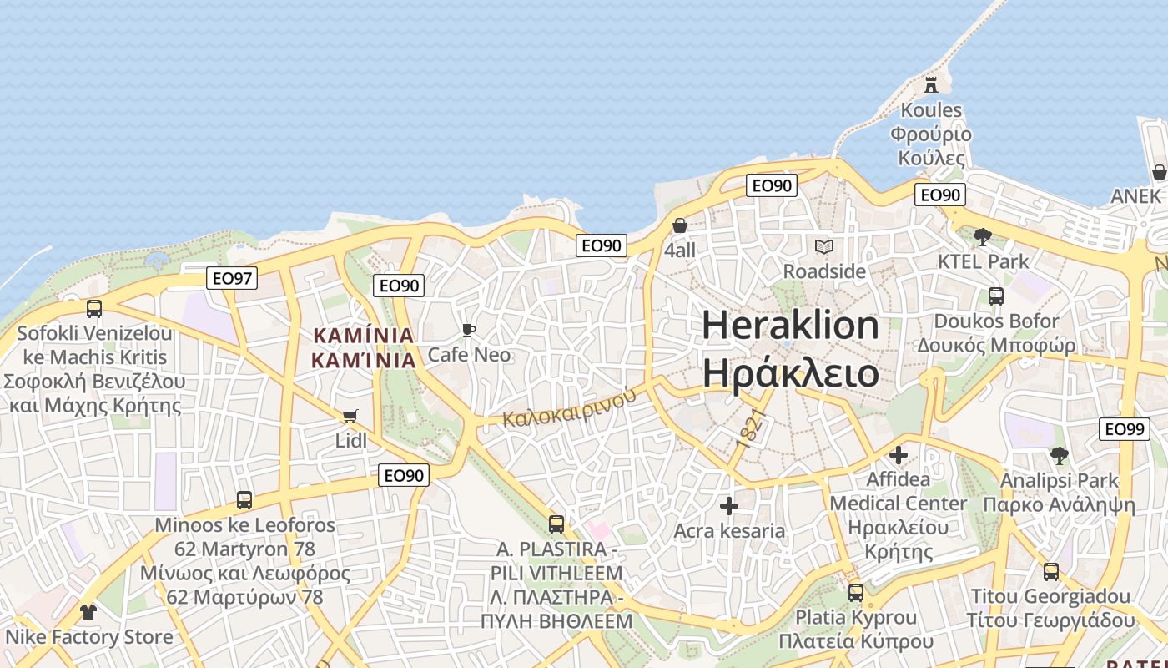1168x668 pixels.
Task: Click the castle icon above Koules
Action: (x=931, y=84)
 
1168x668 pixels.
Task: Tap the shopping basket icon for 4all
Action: (x=680, y=225)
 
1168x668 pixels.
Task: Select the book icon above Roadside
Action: (x=824, y=246)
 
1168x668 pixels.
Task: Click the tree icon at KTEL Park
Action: (x=983, y=236)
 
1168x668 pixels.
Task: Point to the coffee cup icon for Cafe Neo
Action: (x=469, y=330)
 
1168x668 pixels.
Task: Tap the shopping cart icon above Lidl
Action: (x=350, y=416)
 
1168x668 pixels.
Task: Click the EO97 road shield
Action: (x=232, y=278)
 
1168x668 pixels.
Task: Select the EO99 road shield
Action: (x=1124, y=428)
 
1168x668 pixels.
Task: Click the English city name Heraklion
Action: (x=790, y=325)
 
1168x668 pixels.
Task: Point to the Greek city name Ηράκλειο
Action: (x=790, y=372)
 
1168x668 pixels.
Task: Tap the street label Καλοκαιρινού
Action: (x=570, y=407)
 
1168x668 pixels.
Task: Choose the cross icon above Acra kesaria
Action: (x=729, y=506)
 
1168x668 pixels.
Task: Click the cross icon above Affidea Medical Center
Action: (x=899, y=455)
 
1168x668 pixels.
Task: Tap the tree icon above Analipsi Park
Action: (x=1060, y=456)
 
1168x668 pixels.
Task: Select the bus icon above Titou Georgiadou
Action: (x=1051, y=572)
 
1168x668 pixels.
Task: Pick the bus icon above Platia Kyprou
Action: (x=856, y=593)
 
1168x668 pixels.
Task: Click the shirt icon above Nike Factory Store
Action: (x=88, y=611)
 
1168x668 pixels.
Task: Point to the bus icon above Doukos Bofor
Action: (x=995, y=296)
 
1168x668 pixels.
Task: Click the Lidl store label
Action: (x=350, y=440)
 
